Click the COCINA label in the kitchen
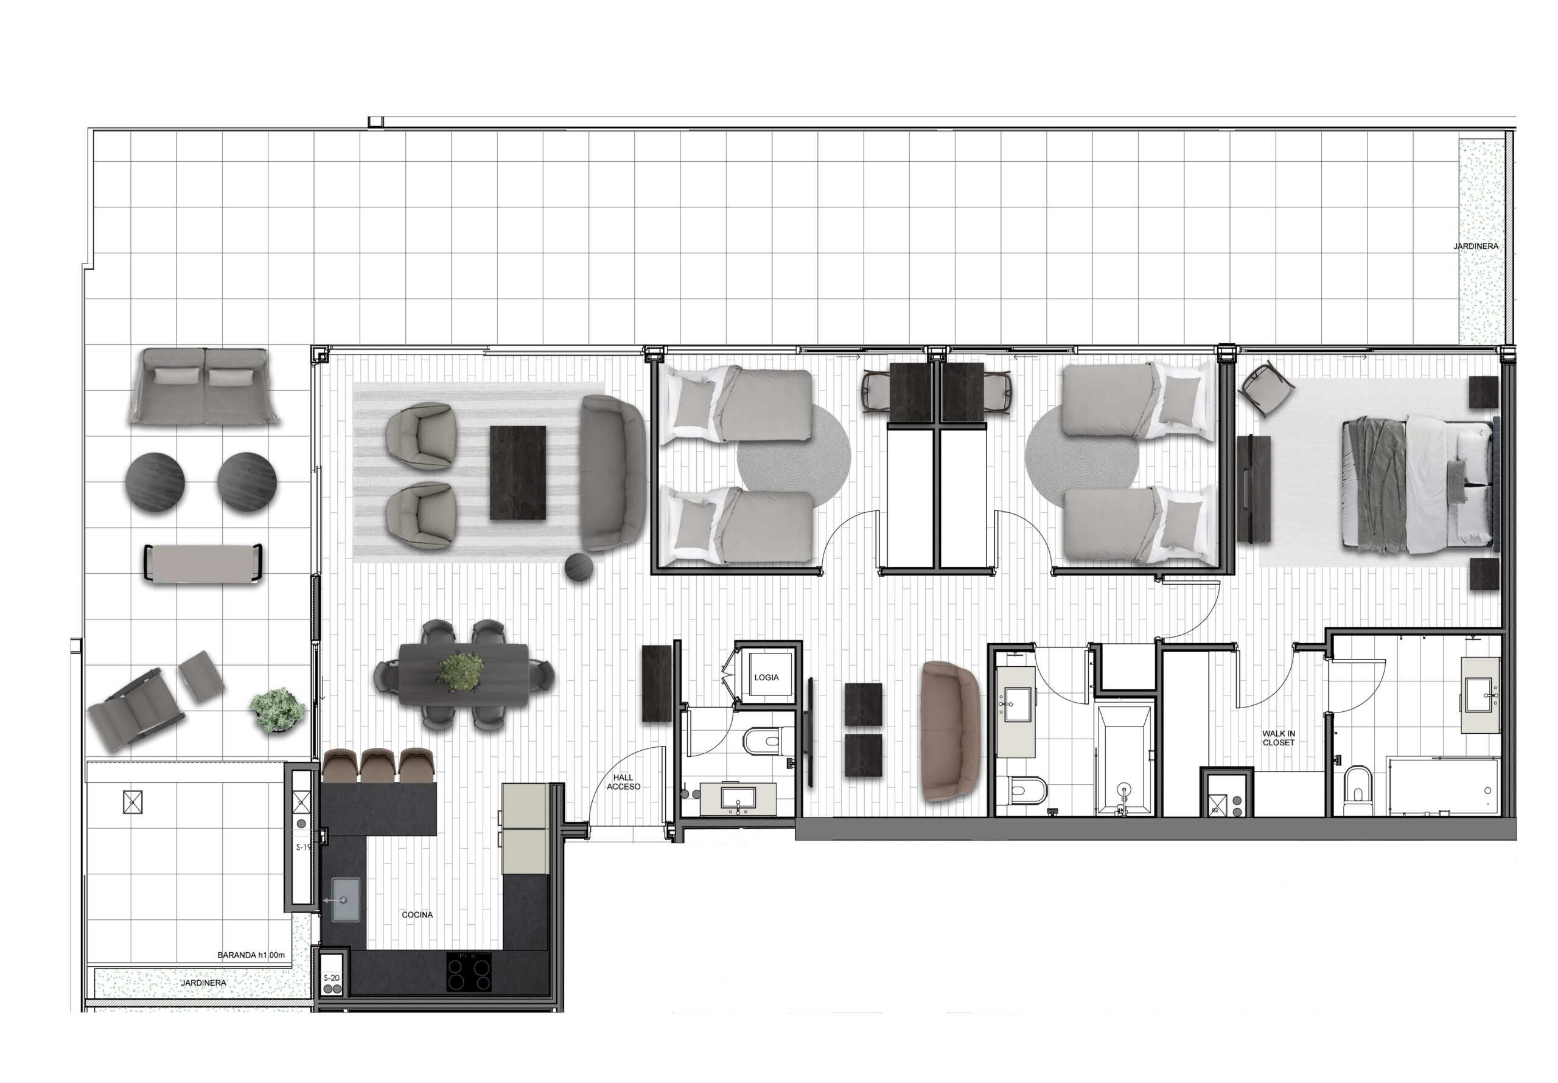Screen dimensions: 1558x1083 click(417, 914)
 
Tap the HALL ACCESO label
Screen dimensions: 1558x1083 click(623, 782)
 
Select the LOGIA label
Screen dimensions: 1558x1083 click(766, 677)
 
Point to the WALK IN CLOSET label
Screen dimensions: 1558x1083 click(1279, 738)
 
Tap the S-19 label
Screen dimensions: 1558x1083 click(303, 848)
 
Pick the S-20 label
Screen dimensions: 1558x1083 click(331, 978)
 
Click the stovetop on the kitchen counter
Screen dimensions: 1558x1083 click(469, 972)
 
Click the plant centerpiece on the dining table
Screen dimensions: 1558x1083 click(461, 672)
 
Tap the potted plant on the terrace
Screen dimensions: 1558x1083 click(277, 710)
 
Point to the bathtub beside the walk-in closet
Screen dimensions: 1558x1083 click(1125, 759)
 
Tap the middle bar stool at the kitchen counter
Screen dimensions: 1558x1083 click(379, 766)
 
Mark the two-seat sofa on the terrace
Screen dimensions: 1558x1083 click(203, 387)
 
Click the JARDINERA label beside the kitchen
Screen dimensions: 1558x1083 click(203, 983)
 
